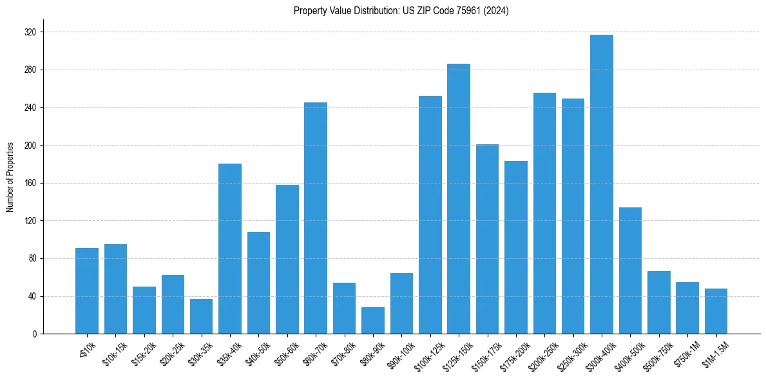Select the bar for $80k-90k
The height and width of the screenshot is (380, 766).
(372, 321)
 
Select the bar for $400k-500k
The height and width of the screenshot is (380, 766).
(630, 271)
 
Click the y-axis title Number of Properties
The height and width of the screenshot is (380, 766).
(10, 176)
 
